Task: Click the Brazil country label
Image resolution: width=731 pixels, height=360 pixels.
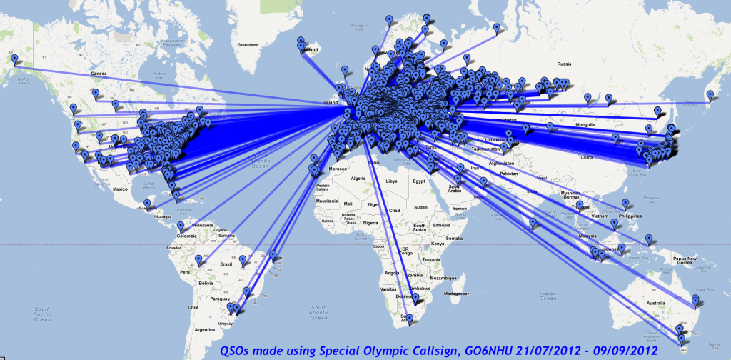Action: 228,263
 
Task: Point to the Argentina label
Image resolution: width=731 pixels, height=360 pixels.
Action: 205,331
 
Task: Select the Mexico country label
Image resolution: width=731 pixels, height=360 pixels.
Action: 118,189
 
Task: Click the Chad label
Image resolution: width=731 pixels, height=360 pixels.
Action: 395,210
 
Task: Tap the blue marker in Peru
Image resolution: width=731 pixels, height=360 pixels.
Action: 199,261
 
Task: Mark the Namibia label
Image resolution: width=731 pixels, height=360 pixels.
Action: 388,288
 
